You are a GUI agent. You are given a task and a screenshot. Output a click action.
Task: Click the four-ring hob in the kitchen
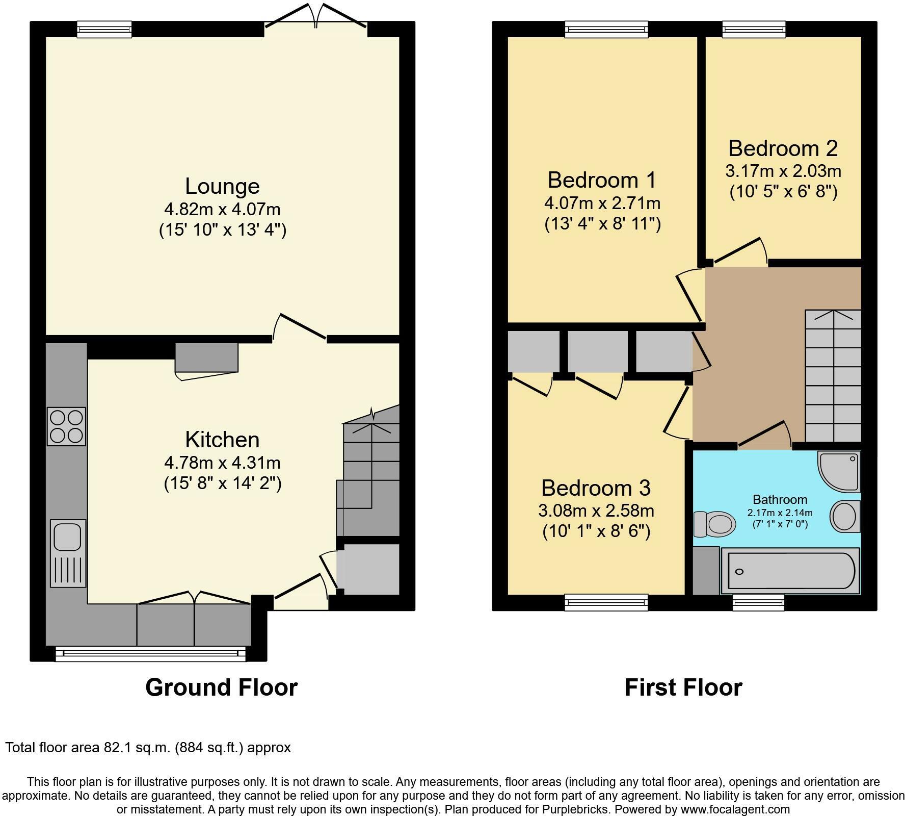tap(66, 426)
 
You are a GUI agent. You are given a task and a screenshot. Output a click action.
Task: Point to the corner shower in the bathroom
tap(839, 470)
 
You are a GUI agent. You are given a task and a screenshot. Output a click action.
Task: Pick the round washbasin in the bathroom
tap(845, 516)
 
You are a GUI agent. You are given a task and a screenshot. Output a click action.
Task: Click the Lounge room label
tap(222, 186)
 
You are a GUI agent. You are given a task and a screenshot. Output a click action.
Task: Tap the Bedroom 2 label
tap(783, 148)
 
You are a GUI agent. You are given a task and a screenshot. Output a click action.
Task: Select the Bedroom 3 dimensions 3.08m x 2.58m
tap(596, 510)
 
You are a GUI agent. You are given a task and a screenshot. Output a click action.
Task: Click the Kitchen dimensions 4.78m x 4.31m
tap(222, 463)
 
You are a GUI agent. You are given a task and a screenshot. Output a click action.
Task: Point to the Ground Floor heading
tap(221, 687)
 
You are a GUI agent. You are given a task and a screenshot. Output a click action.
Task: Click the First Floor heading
tap(683, 687)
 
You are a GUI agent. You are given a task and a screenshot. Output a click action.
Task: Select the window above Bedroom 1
tap(606, 29)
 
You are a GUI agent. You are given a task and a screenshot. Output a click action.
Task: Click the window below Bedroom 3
tap(606, 602)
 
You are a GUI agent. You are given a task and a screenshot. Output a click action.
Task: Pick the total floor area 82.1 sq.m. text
tap(148, 748)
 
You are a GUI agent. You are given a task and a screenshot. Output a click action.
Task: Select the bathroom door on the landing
tap(764, 435)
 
